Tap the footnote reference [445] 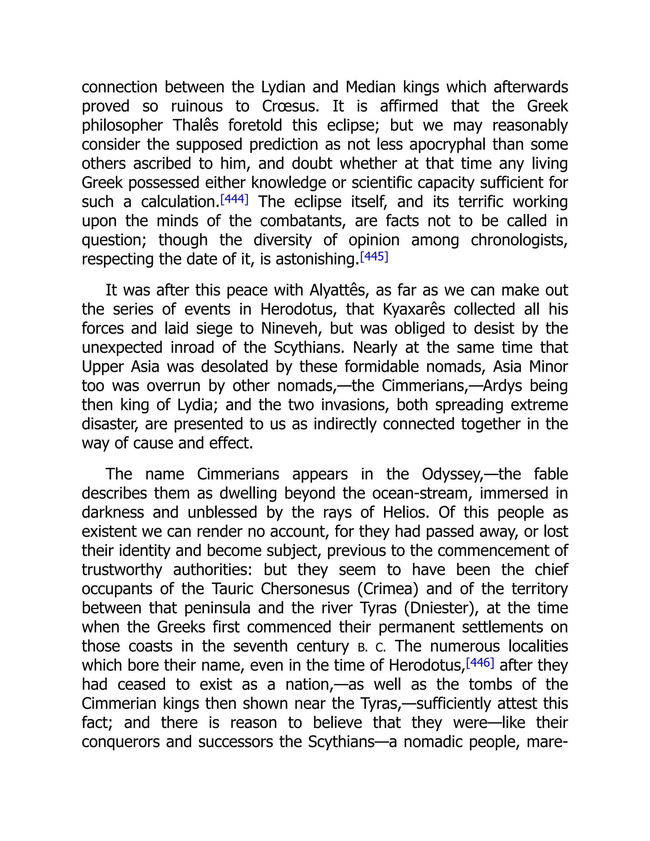pyautogui.click(x=374, y=256)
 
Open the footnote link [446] pyautogui.click(x=480, y=663)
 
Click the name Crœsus pyautogui.click(x=291, y=106)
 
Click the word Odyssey pyautogui.click(x=452, y=474)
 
